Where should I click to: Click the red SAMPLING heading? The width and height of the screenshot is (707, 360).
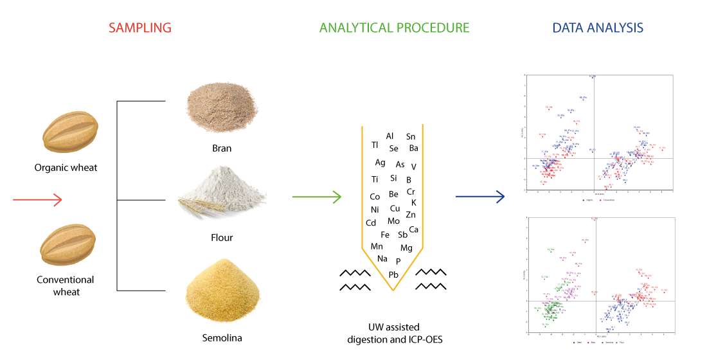(139, 28)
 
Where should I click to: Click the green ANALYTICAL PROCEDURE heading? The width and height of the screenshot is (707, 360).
(394, 28)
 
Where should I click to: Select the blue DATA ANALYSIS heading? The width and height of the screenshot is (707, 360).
(598, 28)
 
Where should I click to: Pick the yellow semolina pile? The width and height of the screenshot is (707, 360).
(222, 294)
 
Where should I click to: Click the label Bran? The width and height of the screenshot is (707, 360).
(222, 148)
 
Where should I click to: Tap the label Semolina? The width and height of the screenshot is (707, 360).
(222, 337)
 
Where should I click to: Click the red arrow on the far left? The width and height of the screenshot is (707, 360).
(37, 199)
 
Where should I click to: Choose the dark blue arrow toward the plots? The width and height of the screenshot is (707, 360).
(479, 197)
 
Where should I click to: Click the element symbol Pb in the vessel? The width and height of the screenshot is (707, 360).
(394, 274)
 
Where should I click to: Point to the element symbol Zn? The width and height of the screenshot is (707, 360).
(411, 215)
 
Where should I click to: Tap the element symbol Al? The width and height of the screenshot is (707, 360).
(389, 136)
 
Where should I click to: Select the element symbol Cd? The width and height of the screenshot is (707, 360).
(371, 223)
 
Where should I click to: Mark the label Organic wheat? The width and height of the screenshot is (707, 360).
(66, 168)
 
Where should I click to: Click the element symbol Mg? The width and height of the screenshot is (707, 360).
(406, 248)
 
